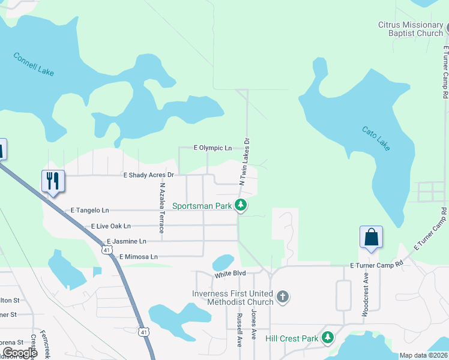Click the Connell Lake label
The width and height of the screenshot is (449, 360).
[34, 64]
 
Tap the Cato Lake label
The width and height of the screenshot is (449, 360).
[375, 138]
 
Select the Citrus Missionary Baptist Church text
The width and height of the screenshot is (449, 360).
[410, 29]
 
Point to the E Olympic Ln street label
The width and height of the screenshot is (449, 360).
[212, 148]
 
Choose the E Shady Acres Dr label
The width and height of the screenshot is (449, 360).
[148, 175]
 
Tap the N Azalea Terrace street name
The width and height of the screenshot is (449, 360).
[161, 208]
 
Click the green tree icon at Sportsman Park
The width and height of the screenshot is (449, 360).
[240, 206]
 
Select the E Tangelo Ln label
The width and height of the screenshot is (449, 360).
[90, 211]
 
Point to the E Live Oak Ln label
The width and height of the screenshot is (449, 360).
[110, 226]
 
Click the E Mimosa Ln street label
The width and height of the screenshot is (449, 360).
[138, 257]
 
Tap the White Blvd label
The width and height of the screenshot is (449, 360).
[231, 275]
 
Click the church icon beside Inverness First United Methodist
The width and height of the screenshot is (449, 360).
[283, 297]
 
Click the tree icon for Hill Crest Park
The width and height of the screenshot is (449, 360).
[327, 338]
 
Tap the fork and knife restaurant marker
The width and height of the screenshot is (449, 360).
[53, 181]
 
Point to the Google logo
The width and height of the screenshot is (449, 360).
[20, 353]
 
